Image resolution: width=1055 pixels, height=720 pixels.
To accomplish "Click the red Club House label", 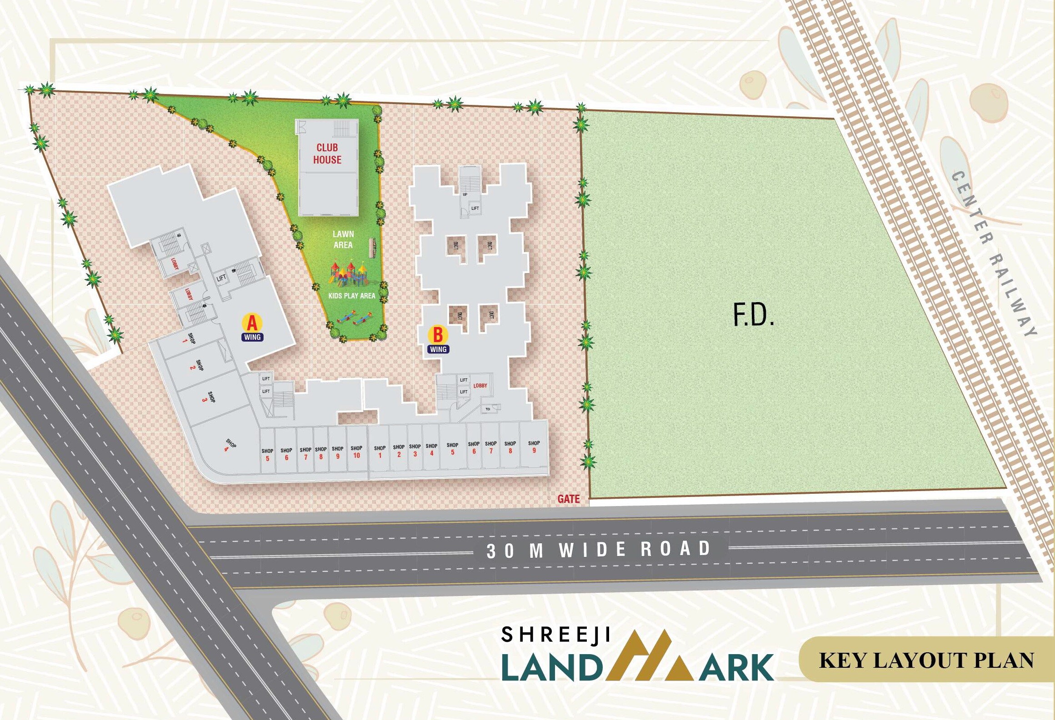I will tap(327, 154).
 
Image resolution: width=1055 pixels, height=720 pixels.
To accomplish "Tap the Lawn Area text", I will tap(343, 239).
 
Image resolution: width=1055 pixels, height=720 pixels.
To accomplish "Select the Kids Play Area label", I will tap(351, 296).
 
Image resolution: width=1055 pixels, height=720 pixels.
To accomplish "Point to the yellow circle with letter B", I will tap(438, 335).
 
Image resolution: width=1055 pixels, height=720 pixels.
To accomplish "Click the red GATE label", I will tap(568, 499).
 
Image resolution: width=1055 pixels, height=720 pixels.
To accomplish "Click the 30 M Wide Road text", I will tap(598, 550).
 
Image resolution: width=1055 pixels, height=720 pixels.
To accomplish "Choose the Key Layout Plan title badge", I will tap(926, 660).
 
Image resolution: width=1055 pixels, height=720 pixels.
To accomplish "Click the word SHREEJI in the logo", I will tap(555, 635).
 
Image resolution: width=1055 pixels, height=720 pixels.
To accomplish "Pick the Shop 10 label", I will tap(356, 452).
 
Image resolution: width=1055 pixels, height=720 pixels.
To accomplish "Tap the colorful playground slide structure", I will tap(348, 273).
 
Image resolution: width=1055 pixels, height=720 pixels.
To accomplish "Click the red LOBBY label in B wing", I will tap(480, 385).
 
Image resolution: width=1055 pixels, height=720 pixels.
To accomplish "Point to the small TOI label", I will tap(488, 409).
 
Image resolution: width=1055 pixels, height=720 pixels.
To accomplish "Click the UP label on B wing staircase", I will tap(465, 194).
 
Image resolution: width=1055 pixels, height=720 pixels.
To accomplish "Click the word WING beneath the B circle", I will tap(438, 349).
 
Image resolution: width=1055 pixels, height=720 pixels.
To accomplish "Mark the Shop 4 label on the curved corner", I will tap(229, 445).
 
